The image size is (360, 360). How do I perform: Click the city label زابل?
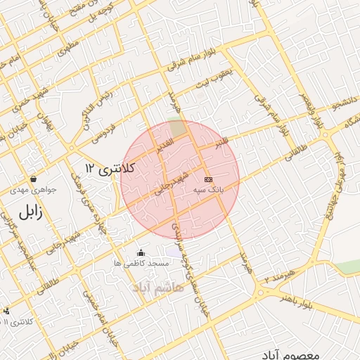tap(30, 212)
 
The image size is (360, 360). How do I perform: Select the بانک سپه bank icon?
tap(209, 179)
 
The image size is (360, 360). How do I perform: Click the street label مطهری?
tap(70, 46)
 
